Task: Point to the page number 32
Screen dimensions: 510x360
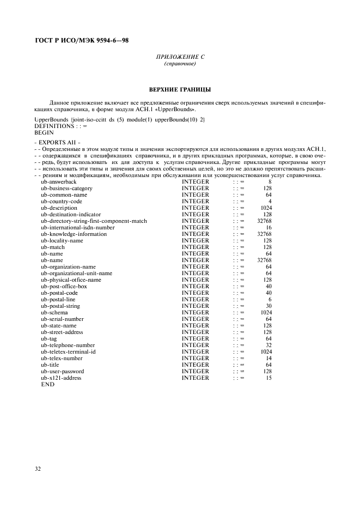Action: click(x=38, y=469)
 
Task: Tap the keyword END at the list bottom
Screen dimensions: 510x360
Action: click(x=47, y=385)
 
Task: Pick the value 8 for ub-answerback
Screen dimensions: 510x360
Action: click(x=269, y=182)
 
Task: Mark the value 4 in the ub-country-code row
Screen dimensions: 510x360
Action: click(x=270, y=202)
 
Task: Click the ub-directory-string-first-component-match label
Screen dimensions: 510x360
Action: click(x=94, y=221)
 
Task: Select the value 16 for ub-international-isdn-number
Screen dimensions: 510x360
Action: click(x=268, y=228)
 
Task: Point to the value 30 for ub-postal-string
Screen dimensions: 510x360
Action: click(x=268, y=306)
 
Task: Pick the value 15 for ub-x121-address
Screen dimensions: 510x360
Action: click(x=268, y=378)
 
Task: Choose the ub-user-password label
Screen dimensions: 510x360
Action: click(x=63, y=372)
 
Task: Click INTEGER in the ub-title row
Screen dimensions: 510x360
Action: click(x=196, y=365)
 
